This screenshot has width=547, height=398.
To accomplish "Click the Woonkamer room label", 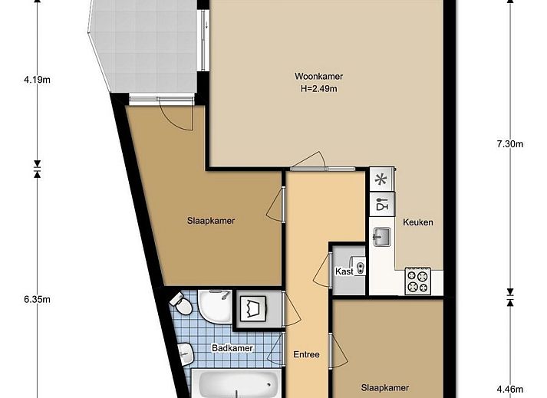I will [x=318, y=76].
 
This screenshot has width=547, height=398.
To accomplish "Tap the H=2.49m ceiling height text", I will [x=318, y=88].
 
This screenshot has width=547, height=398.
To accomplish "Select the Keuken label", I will [x=418, y=222].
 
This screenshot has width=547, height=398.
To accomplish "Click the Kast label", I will [x=343, y=271].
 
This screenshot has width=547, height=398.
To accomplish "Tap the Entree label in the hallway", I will [x=306, y=354].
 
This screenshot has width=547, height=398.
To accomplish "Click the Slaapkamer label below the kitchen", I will [x=385, y=387].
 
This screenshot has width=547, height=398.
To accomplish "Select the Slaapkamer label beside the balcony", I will [x=210, y=221].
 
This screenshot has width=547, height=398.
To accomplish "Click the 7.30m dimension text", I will [x=509, y=143].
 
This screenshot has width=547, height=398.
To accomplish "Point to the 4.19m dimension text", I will [x=36, y=79].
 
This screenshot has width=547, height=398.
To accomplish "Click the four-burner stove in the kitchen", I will [x=418, y=281].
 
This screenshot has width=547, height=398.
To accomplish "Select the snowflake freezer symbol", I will [x=381, y=180].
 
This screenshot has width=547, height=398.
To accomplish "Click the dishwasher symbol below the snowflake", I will [x=381, y=205].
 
